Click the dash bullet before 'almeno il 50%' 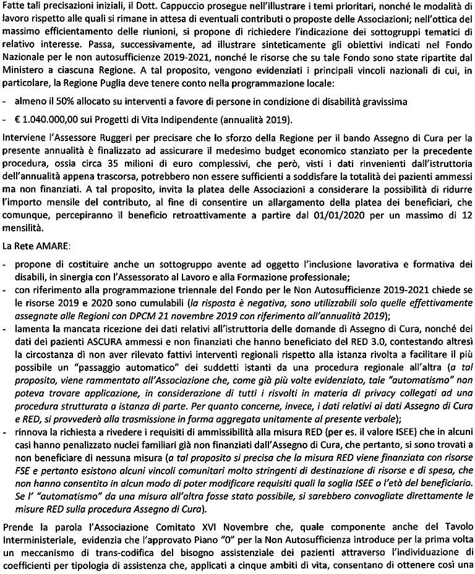(5, 103)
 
